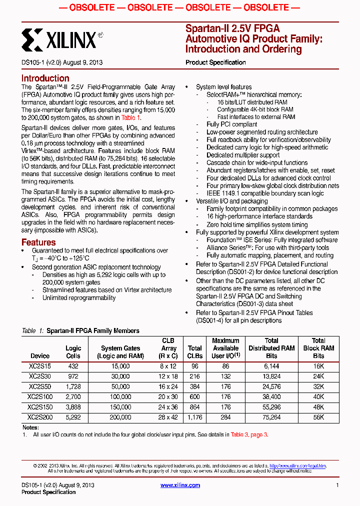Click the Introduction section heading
click(45, 78)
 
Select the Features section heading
click(38, 242)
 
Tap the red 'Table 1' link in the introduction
click(130, 117)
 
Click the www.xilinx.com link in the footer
click(180, 485)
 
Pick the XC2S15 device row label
click(40, 366)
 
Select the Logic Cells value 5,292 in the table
click(73, 417)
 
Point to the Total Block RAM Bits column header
click(318, 348)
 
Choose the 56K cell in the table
click(318, 417)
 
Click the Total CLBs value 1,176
click(194, 417)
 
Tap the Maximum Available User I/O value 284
click(225, 417)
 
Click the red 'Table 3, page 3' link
click(248, 435)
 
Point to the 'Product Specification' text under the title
click(215, 62)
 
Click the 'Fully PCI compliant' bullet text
click(232, 124)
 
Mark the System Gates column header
click(120, 352)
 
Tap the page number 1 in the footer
click(337, 485)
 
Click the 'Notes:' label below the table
click(30, 427)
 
